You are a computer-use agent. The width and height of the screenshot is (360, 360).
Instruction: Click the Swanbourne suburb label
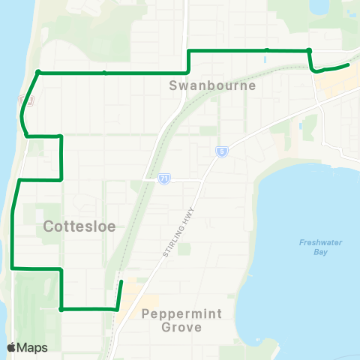[212, 85]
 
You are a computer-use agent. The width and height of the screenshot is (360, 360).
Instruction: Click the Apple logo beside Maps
[11, 347]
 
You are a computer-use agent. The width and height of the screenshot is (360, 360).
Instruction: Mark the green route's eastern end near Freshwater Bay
[349, 65]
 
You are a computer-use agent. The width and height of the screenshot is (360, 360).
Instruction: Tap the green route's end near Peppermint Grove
[121, 281]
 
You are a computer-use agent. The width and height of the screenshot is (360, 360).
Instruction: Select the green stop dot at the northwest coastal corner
[37, 73]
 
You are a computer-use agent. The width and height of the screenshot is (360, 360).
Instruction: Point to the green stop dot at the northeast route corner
[309, 50]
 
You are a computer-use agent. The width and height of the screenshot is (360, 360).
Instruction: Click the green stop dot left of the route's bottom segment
[61, 308]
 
